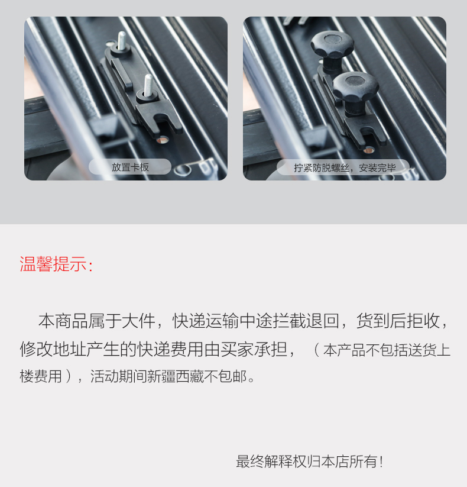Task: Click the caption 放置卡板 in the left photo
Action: (130, 167)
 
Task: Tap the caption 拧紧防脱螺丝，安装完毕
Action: (345, 168)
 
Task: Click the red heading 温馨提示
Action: (53, 264)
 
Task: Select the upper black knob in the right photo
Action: (332, 45)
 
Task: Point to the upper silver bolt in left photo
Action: (122, 41)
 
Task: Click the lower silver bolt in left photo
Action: (148, 85)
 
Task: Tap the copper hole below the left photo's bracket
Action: (163, 140)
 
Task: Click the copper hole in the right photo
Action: (369, 150)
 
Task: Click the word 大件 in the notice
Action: (138, 321)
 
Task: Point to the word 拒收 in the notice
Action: (424, 321)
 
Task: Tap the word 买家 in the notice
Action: (237, 349)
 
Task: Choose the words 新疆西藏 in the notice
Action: (176, 376)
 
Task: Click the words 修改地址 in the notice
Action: (53, 349)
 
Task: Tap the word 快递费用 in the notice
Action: (170, 349)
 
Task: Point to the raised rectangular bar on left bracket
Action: (122, 73)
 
